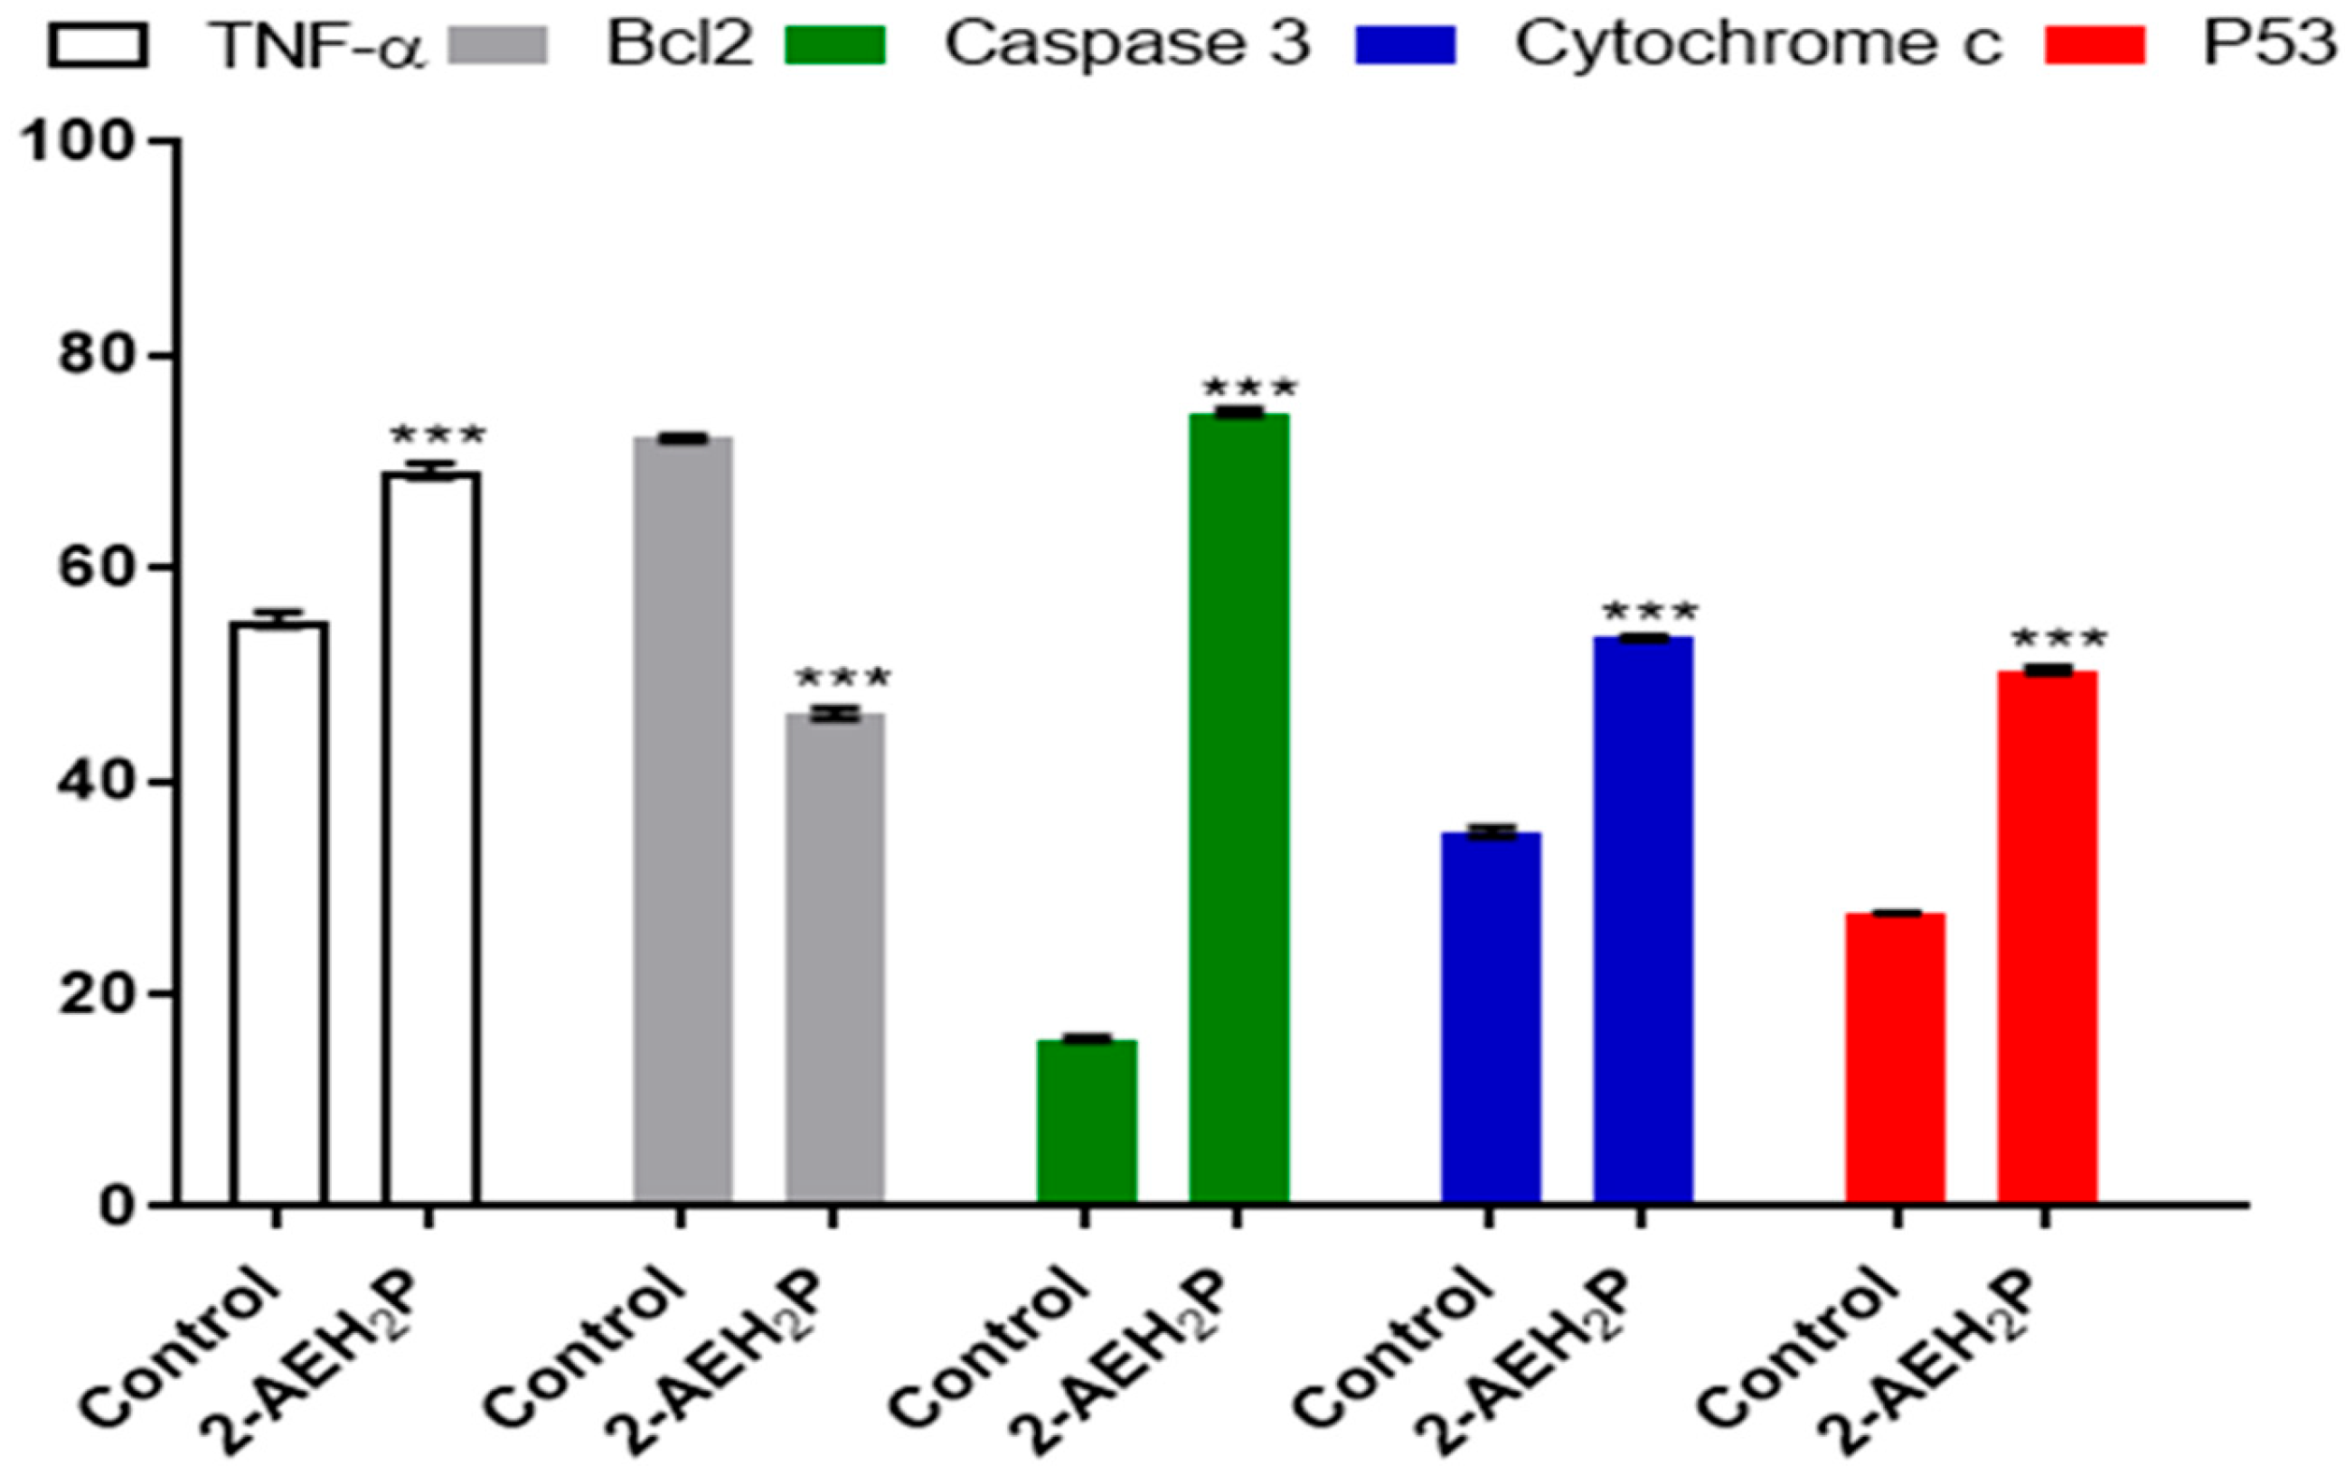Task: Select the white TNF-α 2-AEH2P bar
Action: pos(430,837)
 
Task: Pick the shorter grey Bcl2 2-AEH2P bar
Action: pos(834,959)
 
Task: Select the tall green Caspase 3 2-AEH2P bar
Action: pos(1238,808)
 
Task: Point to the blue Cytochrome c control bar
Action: pos(1491,1018)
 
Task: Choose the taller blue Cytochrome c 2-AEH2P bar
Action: pos(1643,920)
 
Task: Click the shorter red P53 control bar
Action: pos(1895,1057)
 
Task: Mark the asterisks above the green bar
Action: pos(1248,388)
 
